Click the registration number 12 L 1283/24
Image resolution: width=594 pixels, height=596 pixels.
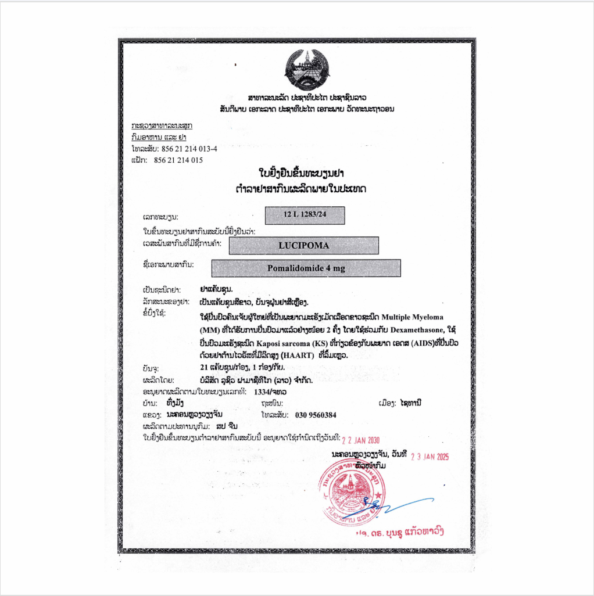pos(305,215)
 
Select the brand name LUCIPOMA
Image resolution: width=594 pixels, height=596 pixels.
pos(303,246)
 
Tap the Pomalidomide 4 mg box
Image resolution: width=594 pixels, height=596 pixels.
pos(306,268)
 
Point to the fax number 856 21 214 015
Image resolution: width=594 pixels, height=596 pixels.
pos(178,160)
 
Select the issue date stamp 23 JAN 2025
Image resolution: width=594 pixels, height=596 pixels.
pos(430,457)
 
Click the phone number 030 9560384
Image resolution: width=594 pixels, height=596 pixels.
pos(316,415)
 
